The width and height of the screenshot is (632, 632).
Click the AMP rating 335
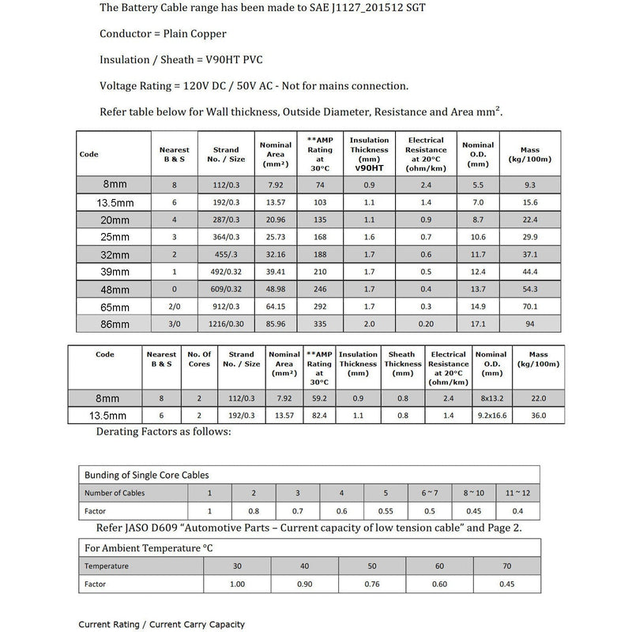click(321, 323)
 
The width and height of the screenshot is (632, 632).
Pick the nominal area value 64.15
click(275, 306)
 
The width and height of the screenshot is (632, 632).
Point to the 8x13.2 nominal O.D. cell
click(491, 399)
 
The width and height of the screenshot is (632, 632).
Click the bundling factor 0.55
click(385, 510)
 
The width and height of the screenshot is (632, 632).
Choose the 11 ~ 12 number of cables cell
click(517, 492)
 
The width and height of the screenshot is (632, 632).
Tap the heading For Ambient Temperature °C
click(149, 547)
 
